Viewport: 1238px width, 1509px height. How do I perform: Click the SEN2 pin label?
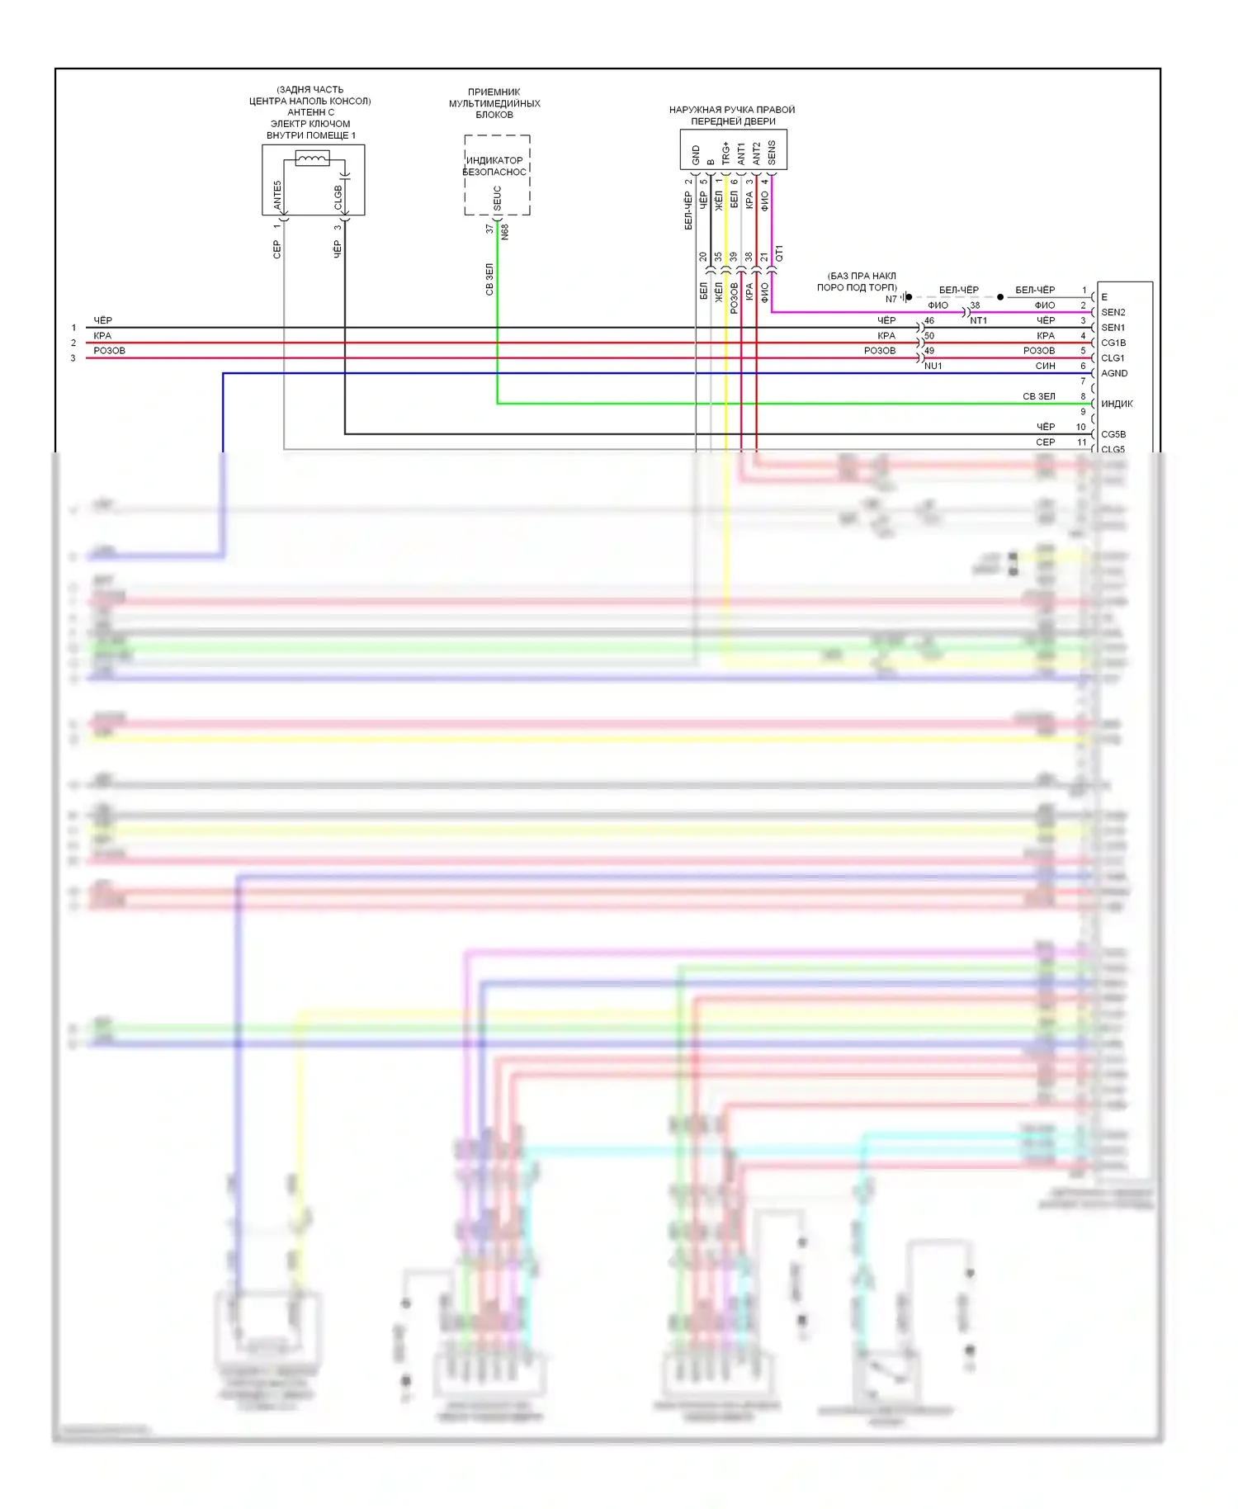(1113, 312)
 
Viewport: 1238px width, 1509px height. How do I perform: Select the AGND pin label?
(1113, 373)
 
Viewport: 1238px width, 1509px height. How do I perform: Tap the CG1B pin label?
(1113, 343)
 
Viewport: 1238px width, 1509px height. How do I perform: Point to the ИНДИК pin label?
(1116, 404)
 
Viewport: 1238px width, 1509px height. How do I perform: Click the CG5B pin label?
(1113, 434)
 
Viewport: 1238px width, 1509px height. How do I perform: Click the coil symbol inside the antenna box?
(312, 158)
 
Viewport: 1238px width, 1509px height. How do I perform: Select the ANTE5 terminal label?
(277, 195)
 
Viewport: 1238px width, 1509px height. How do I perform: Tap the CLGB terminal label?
(338, 197)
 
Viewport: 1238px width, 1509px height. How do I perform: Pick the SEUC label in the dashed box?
(498, 197)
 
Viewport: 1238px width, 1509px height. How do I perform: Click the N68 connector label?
(505, 232)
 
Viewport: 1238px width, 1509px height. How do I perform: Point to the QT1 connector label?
(779, 253)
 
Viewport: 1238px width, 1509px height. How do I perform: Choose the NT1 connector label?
(978, 320)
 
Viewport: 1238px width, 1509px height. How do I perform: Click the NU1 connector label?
(933, 366)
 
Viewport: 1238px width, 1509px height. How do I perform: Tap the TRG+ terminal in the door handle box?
(725, 153)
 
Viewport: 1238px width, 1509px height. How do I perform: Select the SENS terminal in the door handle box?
(772, 152)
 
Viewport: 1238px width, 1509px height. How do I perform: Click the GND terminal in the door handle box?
(696, 154)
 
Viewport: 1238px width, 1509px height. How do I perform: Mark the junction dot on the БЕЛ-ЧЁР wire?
(1000, 296)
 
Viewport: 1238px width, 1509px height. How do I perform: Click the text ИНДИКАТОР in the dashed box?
(494, 160)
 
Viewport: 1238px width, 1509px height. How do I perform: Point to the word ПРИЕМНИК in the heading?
(494, 92)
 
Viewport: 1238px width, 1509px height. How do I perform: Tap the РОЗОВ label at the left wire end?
(109, 351)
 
